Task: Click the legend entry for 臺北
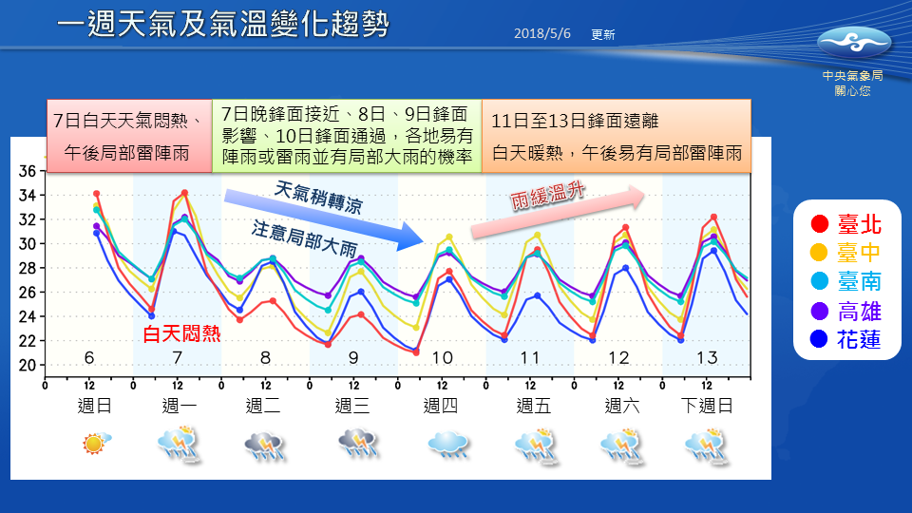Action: tap(846, 224)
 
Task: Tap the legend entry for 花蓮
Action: tap(846, 339)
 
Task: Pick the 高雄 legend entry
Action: tap(846, 311)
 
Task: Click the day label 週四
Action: tap(441, 406)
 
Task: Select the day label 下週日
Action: tap(707, 406)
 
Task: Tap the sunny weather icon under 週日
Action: tap(96, 443)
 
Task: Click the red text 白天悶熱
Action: tap(181, 333)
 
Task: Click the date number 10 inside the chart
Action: tap(442, 358)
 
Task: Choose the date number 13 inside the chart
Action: tap(707, 358)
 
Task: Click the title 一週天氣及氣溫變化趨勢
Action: tap(222, 26)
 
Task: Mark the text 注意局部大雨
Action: tap(304, 240)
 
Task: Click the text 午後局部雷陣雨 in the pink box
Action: tap(125, 153)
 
